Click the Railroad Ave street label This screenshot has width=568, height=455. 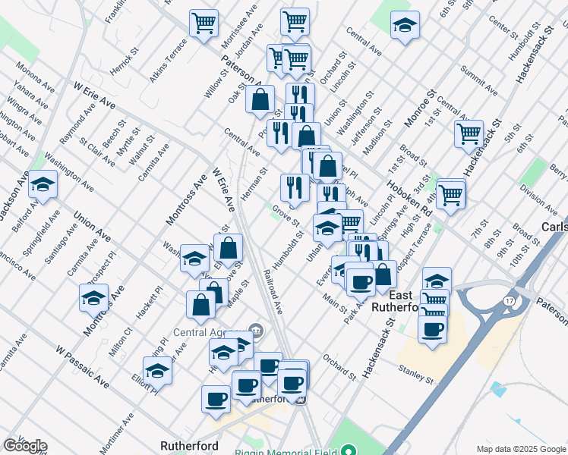[x=273, y=292]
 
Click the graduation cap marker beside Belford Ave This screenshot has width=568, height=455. [x=43, y=184]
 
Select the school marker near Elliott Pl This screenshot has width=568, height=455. [x=158, y=369]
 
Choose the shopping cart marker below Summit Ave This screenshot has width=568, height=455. [x=469, y=133]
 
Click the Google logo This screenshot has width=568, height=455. [x=25, y=446]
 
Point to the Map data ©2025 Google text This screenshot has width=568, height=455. [x=522, y=449]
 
